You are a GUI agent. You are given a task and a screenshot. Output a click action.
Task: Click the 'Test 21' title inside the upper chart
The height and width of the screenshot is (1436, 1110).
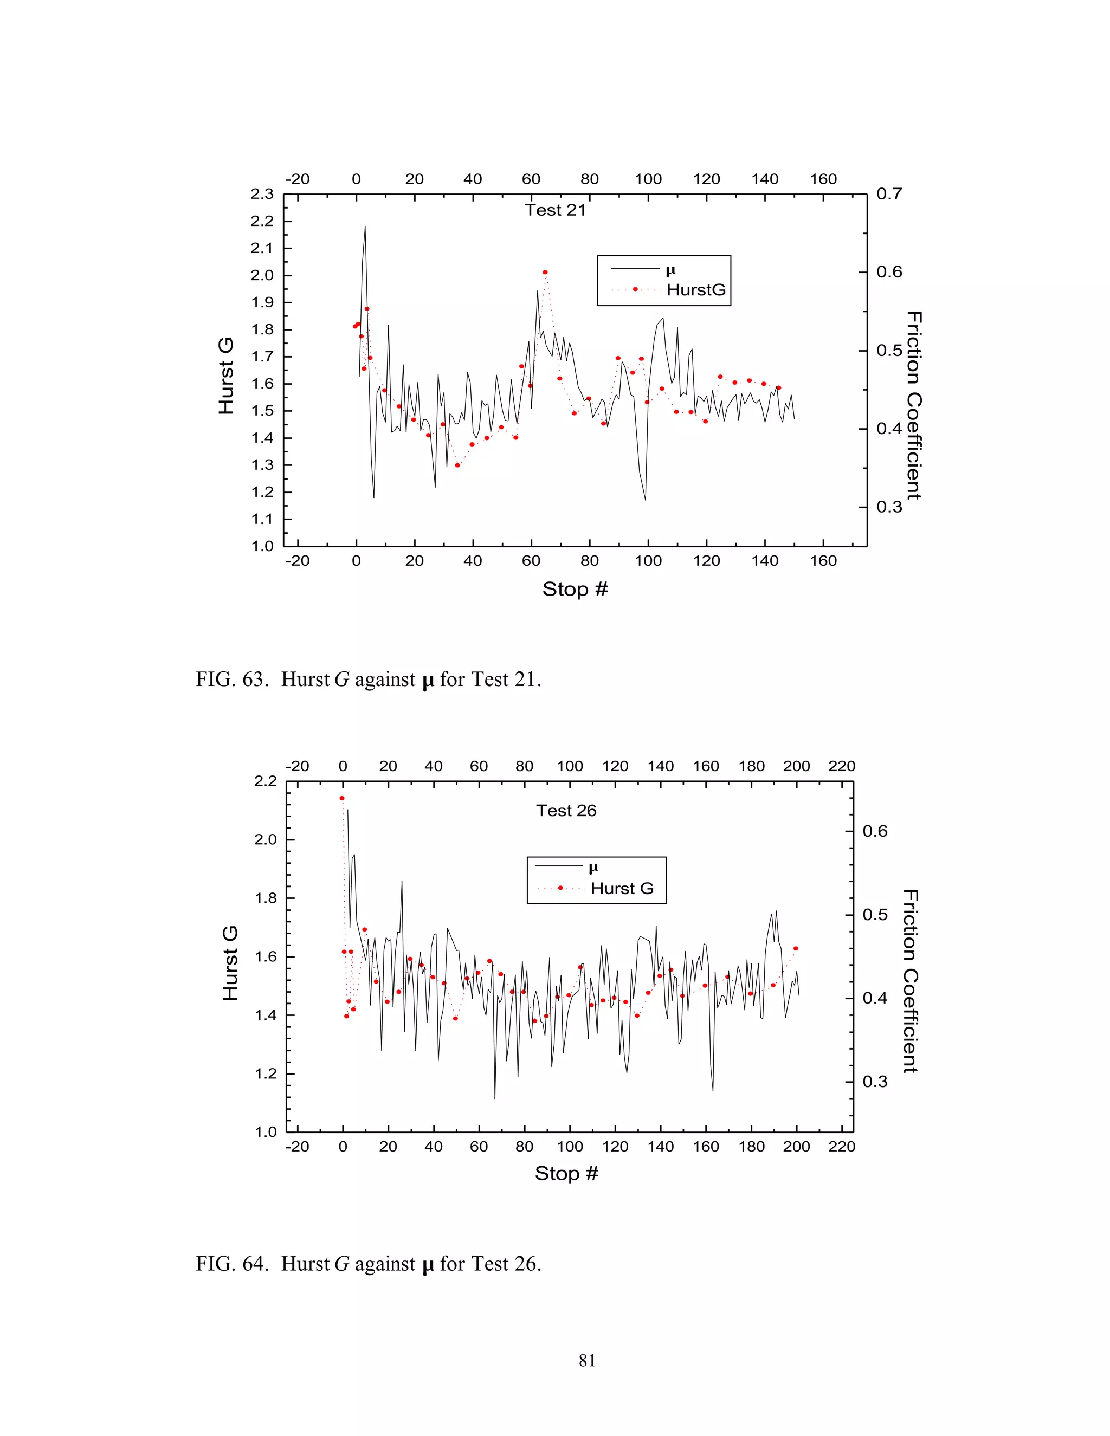tap(555, 210)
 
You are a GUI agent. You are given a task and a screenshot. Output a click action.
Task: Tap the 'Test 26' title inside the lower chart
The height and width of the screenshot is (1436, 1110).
tap(566, 811)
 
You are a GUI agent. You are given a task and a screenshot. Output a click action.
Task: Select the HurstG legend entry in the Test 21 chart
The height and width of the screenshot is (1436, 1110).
tap(696, 290)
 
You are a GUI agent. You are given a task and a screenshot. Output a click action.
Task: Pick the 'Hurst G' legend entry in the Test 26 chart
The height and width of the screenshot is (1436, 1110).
tap(622, 889)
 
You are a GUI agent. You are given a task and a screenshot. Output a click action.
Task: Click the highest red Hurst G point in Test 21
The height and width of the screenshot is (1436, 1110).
tap(545, 272)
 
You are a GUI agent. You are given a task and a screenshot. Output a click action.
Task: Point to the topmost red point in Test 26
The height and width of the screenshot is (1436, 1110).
tap(342, 798)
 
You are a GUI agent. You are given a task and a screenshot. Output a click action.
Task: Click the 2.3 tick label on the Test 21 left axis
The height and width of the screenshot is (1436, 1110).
tap(262, 194)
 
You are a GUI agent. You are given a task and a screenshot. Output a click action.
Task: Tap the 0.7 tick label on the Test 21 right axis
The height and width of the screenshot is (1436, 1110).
tap(889, 194)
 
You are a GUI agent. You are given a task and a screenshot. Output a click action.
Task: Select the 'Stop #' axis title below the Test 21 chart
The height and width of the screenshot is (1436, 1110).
tap(575, 589)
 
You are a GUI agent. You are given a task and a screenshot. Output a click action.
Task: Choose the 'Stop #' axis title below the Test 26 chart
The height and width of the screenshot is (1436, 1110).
tap(566, 1174)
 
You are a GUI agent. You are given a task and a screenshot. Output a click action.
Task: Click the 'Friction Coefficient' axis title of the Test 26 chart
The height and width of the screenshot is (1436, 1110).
tap(910, 981)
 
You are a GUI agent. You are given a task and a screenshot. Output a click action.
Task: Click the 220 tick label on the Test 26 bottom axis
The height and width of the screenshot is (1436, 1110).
tap(842, 1147)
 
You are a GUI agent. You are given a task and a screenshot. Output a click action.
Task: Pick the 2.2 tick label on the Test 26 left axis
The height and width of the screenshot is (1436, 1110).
tap(266, 781)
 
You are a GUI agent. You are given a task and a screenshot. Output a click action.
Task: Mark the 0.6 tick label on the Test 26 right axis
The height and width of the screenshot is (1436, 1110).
tap(875, 831)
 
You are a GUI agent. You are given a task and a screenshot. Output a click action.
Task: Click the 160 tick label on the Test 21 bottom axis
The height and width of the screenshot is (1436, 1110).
tap(823, 561)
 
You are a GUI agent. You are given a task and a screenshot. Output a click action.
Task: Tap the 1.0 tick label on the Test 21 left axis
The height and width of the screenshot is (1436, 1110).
tap(262, 546)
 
